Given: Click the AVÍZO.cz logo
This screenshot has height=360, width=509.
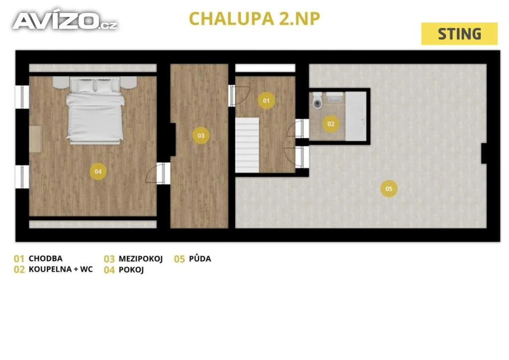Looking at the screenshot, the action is point(65,20).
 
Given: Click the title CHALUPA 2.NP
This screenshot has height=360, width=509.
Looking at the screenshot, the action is point(254,18).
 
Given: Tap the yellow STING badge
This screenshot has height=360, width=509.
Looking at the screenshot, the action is point(459,34).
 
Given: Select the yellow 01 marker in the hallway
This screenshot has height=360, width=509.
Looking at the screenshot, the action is point(266,100).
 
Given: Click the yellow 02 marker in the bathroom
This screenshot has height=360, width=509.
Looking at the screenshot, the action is point(331,124).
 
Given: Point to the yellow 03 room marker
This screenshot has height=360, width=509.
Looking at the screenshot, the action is point(201,135).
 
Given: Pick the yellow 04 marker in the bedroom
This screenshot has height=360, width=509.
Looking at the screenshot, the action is point(98,172).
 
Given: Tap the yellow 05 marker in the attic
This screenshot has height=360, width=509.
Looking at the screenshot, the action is point(389,188).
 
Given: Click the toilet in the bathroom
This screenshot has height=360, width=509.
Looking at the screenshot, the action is point(317,100).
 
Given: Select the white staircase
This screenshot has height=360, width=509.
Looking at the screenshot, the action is point(247,145).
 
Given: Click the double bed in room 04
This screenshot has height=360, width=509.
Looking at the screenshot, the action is point(95,110).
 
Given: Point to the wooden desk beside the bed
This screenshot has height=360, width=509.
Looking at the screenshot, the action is point(35,139).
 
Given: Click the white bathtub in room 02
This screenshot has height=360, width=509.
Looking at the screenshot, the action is point(356,116).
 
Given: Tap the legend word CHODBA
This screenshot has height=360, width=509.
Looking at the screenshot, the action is point(45,259).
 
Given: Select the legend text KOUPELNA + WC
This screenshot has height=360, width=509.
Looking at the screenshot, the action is point(61,269).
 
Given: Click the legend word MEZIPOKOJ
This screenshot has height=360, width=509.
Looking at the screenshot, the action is point(141,259).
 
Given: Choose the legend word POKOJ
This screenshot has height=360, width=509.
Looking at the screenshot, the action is point(131,270).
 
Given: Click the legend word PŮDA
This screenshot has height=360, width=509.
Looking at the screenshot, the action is point(200,259).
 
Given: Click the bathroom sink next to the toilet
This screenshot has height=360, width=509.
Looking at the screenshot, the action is point(335,97).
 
